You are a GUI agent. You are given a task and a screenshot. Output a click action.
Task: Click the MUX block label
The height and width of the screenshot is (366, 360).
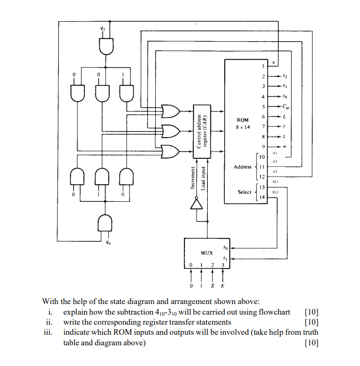click(207, 253)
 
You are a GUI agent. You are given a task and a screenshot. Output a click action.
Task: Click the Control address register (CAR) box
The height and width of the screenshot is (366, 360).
click(202, 131)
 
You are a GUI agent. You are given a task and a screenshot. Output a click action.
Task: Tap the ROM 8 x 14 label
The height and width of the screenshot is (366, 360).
click(243, 123)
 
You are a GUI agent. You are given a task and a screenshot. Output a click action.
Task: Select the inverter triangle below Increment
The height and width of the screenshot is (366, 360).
click(196, 204)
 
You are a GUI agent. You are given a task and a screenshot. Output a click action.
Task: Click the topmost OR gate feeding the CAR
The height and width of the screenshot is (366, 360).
click(171, 111)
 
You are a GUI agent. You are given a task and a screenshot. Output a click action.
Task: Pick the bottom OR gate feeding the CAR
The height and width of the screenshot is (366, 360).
click(171, 151)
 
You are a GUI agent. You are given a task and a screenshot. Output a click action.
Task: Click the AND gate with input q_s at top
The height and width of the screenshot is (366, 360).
click(106, 46)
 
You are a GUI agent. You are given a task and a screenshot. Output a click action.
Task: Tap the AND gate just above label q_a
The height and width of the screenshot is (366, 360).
click(104, 222)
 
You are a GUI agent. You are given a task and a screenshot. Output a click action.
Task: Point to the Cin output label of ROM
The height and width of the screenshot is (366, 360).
click(286, 106)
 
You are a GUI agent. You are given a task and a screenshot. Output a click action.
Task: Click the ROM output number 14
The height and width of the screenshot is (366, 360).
click(262, 197)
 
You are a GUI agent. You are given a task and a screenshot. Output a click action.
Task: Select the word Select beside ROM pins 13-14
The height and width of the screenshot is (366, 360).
click(244, 192)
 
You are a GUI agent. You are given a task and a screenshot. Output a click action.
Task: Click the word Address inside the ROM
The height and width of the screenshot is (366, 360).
click(242, 167)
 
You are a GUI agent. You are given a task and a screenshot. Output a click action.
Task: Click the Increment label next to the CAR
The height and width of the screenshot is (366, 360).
click(192, 177)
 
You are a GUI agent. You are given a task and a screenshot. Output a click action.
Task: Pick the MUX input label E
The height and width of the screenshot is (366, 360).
click(223, 285)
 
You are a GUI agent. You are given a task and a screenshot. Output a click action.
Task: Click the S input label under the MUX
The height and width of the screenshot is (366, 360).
click(213, 285)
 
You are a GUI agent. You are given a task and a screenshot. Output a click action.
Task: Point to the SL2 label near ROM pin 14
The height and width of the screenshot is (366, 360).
click(275, 192)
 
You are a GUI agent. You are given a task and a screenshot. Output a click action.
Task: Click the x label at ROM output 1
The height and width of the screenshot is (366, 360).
click(274, 63)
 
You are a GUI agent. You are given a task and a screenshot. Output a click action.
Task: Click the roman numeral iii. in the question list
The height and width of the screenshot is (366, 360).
click(48, 332)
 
